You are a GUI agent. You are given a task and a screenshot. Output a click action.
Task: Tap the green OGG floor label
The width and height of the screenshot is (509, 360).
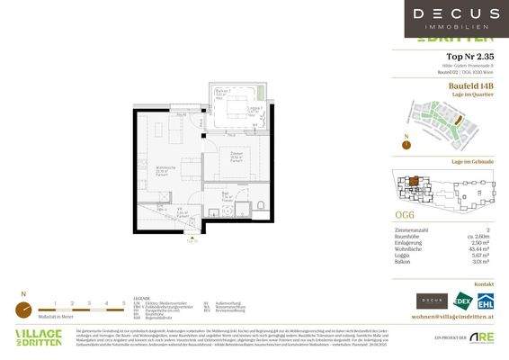406,215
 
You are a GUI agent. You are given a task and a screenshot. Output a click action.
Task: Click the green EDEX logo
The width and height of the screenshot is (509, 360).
463,301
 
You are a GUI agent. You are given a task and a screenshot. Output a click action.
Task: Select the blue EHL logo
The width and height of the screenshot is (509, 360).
486,301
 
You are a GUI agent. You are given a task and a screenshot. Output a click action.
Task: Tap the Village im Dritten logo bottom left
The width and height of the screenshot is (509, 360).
39,337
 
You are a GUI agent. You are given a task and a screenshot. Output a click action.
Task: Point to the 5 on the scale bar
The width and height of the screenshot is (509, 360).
122,302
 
